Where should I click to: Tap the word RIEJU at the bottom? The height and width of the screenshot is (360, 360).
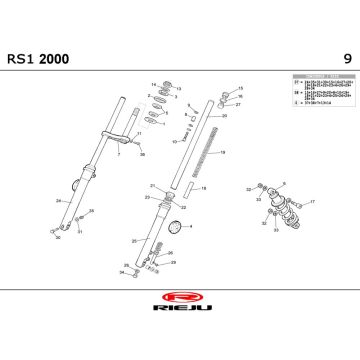[180, 312]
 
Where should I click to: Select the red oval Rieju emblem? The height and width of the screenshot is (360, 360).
[181, 297]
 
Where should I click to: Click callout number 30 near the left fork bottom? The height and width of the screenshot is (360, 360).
[56, 237]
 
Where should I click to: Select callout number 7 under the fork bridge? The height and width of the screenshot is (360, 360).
[118, 155]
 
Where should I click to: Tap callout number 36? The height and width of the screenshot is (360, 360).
[141, 155]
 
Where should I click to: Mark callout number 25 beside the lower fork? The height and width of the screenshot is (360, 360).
[133, 240]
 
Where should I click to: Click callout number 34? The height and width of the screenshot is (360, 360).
[121, 272]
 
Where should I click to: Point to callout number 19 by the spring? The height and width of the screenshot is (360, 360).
[223, 152]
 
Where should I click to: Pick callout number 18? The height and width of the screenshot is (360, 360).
[203, 188]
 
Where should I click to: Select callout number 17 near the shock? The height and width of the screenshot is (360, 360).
[313, 202]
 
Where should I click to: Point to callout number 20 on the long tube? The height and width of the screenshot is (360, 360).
[223, 117]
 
